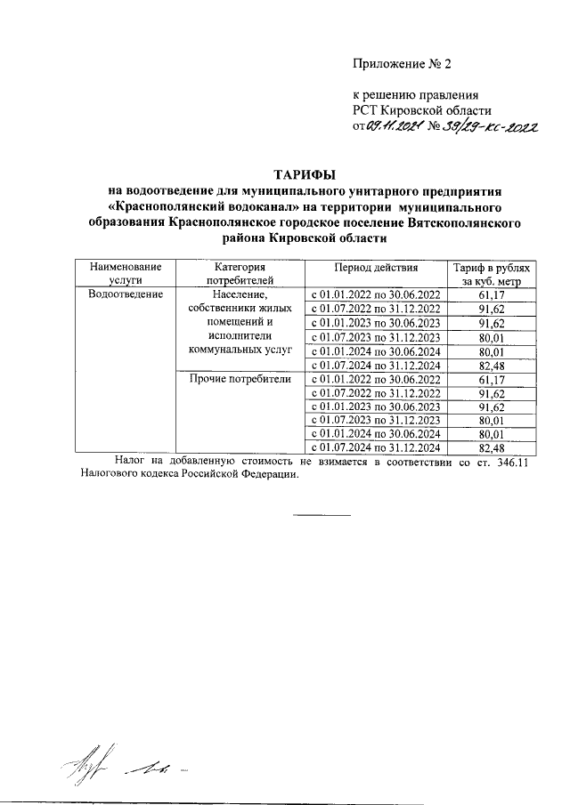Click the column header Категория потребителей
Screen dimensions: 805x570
(240, 273)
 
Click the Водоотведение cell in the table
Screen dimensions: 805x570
(125, 294)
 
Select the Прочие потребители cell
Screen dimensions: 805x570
(240, 379)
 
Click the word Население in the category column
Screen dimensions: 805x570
(240, 294)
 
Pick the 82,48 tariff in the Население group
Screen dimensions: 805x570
(492, 365)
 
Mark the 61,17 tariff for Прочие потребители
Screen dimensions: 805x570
(492, 379)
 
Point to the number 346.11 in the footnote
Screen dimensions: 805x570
(511, 460)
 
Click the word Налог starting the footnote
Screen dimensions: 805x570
(134, 460)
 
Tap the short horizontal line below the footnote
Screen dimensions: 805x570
(323, 515)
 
